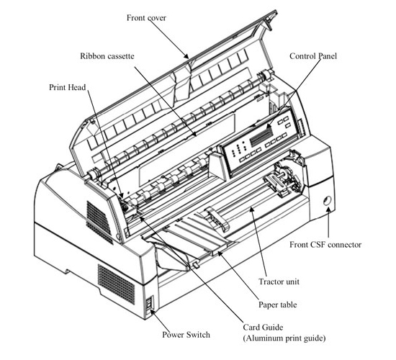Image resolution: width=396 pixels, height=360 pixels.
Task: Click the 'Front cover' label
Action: click(x=146, y=18)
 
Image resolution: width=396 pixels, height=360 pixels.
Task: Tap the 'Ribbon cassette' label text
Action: click(x=107, y=56)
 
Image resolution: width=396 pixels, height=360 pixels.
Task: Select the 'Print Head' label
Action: click(x=68, y=87)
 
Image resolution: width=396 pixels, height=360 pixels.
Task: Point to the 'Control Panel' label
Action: click(x=313, y=56)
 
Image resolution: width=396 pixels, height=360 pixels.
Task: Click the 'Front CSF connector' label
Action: click(x=325, y=245)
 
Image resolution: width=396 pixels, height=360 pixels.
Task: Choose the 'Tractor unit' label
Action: click(x=279, y=282)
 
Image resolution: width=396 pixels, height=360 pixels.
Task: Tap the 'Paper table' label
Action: click(x=277, y=305)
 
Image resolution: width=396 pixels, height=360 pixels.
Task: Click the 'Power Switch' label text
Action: click(x=186, y=335)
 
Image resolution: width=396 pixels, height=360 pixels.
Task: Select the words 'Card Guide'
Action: click(x=263, y=327)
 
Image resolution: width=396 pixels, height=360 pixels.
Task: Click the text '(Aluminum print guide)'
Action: click(x=284, y=338)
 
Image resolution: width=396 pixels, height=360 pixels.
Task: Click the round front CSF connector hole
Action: click(x=327, y=201)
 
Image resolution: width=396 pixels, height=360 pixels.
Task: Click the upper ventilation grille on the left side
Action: click(x=99, y=220)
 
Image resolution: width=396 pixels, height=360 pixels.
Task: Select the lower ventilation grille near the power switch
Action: click(x=116, y=284)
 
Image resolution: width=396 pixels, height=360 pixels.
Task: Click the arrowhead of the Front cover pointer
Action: click(x=186, y=56)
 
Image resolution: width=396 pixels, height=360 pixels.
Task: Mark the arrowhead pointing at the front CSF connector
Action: click(x=328, y=210)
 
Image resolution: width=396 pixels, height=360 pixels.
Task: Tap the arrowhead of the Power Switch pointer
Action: click(x=152, y=312)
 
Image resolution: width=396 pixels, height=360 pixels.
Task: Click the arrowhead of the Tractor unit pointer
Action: click(x=252, y=210)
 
